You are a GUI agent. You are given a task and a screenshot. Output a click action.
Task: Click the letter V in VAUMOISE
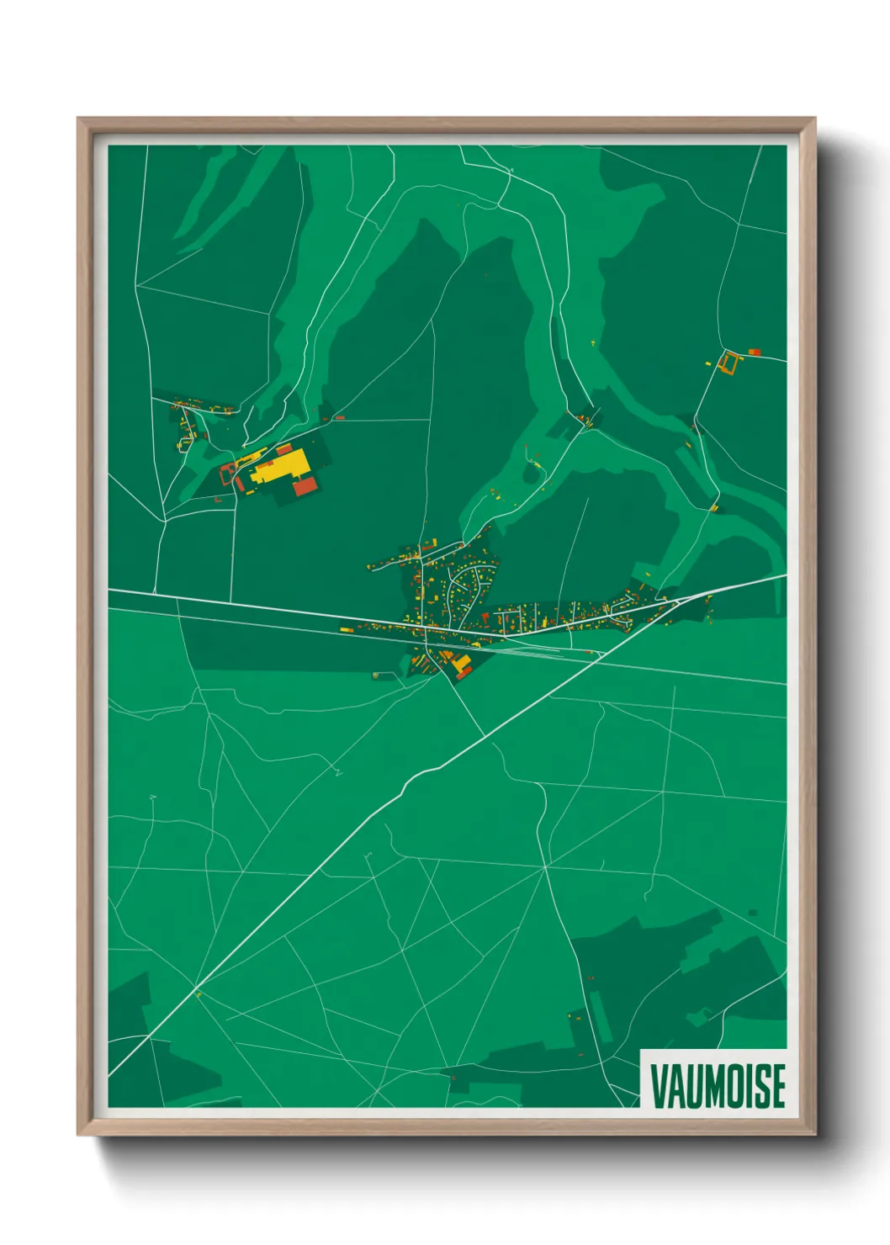[659, 1086]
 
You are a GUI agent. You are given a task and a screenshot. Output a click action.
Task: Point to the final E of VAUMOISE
[777, 1086]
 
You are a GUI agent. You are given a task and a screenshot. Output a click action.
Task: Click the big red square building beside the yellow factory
[305, 485]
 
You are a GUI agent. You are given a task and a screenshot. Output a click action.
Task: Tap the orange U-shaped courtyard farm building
[728, 363]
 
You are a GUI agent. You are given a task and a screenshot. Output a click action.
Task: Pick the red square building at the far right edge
[755, 352]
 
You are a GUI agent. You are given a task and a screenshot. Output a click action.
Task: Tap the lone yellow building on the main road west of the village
[346, 629]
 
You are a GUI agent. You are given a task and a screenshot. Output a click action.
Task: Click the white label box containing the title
[713, 1078]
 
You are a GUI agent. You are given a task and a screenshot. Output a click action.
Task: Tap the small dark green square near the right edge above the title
[752, 913]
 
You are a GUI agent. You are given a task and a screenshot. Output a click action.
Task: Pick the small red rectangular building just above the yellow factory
[283, 449]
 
